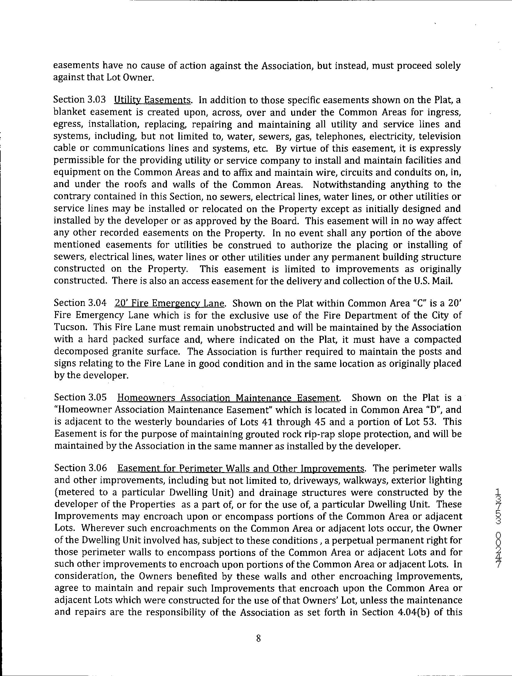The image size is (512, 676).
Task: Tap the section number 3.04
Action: (x=97, y=303)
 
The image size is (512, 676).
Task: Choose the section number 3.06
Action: (x=97, y=468)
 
